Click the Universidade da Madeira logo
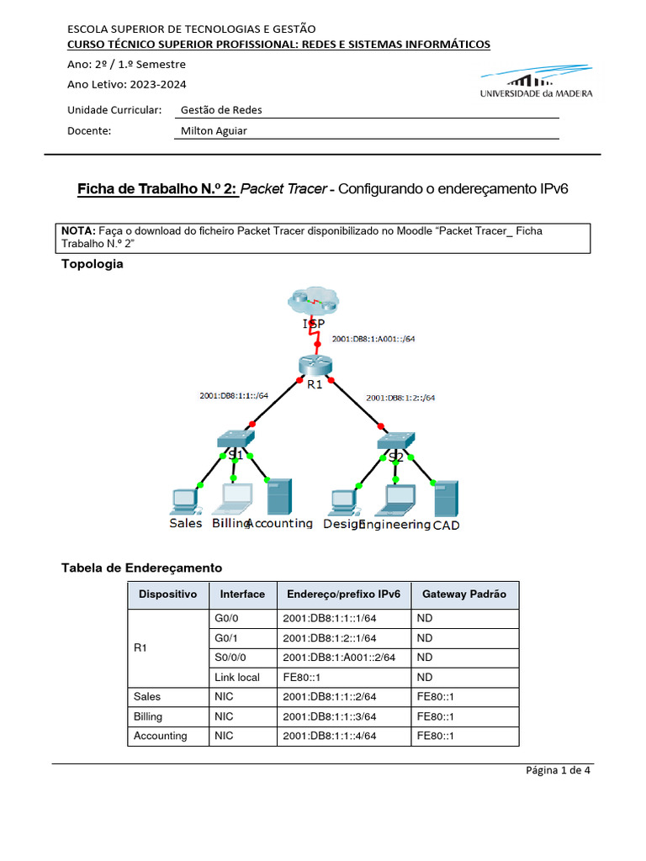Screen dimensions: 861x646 click(536, 85)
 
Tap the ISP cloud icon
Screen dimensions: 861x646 click(314, 302)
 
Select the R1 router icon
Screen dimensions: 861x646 click(315, 365)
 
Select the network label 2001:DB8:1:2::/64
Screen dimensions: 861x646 click(400, 398)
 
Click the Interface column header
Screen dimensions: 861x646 click(242, 594)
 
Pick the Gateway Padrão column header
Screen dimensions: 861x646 click(464, 594)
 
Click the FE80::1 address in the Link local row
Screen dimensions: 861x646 click(301, 677)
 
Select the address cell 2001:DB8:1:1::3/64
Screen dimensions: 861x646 click(330, 716)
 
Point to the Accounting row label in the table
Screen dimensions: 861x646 click(161, 736)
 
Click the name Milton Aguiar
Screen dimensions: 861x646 click(214, 130)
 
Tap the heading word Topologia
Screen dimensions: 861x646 click(93, 264)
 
